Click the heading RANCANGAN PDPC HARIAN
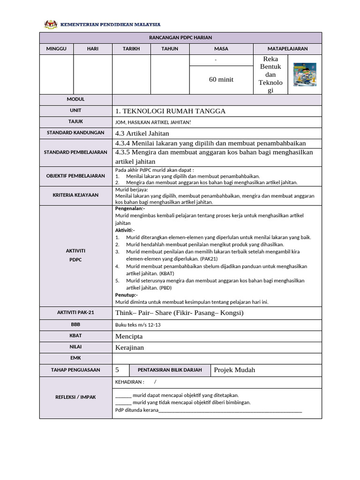point(180,37)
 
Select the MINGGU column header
point(56,49)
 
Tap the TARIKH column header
point(131,49)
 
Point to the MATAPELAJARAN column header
point(287,49)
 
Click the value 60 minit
point(221,80)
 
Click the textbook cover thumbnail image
point(304,75)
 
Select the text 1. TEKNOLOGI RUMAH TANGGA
point(170,111)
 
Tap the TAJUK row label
point(75,122)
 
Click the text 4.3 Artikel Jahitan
point(142,134)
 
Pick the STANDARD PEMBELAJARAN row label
point(75,152)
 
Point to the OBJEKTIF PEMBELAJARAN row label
point(75,176)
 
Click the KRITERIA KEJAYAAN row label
point(75,195)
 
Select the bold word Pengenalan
point(130,208)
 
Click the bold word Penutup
point(126,295)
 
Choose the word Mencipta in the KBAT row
point(129,336)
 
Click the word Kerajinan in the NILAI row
point(130,347)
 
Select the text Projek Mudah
point(234,370)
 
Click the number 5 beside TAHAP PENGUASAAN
point(117,370)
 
